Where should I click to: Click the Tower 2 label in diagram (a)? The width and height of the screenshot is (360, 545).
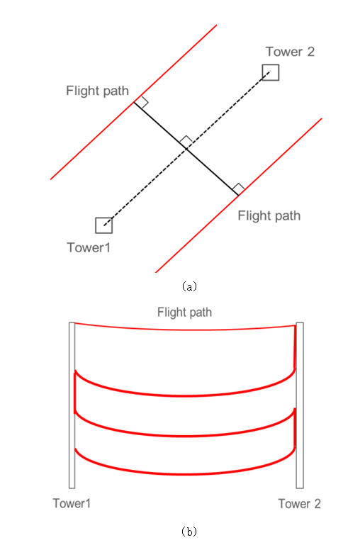(x=290, y=52)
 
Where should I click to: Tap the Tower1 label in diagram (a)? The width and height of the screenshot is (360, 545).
(x=89, y=248)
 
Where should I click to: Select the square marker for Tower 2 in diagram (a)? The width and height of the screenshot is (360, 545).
(x=270, y=72)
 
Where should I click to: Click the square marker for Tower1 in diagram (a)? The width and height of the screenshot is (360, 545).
(x=104, y=225)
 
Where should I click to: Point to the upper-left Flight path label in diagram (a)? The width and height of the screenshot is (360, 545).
(x=97, y=91)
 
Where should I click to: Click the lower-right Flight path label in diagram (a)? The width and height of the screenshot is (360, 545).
(x=269, y=216)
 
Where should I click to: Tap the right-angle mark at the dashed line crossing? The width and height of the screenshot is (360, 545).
(x=186, y=141)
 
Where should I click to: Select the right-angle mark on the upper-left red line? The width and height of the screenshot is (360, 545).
(x=142, y=102)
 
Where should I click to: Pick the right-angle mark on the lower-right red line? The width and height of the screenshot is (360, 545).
(x=238, y=189)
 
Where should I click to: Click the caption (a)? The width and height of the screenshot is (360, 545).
(x=189, y=286)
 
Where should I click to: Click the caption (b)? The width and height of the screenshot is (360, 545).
(x=189, y=532)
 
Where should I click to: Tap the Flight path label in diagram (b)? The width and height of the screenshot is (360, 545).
(x=184, y=313)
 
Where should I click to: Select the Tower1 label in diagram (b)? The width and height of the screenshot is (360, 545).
(x=72, y=504)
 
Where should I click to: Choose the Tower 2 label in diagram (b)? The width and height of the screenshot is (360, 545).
(x=300, y=504)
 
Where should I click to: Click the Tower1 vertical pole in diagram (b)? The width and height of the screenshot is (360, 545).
(x=72, y=405)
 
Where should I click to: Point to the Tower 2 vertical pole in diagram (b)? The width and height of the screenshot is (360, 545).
(x=300, y=405)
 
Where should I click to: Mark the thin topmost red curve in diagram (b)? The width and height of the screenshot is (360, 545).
(x=184, y=330)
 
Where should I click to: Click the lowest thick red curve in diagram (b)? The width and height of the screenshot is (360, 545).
(x=184, y=474)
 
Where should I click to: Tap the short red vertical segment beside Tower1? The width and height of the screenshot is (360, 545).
(x=74, y=392)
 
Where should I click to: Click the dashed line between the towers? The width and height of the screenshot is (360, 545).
(x=187, y=149)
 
